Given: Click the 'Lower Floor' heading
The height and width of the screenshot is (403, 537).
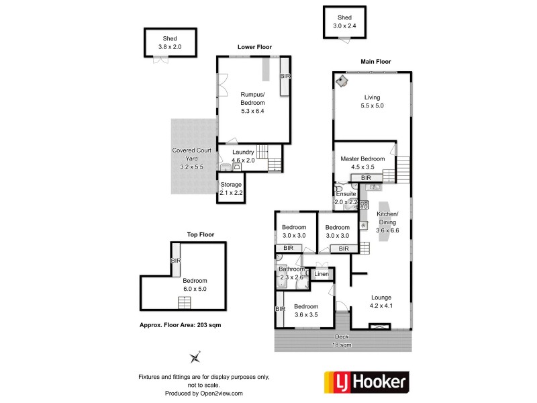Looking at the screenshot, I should pyautogui.click(x=254, y=47).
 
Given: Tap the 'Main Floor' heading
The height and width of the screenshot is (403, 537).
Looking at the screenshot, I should pyautogui.click(x=376, y=62).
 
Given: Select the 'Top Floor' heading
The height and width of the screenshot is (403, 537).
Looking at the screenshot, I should pyautogui.click(x=200, y=235).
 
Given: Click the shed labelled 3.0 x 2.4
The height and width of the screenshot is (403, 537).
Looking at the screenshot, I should pyautogui.click(x=344, y=22).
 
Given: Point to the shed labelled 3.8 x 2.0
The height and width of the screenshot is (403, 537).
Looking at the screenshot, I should pyautogui.click(x=170, y=43).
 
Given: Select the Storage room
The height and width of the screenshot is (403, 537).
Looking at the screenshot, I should pyautogui.click(x=230, y=187).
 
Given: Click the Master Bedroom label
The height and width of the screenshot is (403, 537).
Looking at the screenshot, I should pyautogui.click(x=362, y=159).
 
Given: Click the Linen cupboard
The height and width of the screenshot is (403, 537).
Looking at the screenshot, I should pyautogui.click(x=322, y=274).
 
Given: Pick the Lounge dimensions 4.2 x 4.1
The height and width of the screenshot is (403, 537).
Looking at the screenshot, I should pyautogui.click(x=380, y=306).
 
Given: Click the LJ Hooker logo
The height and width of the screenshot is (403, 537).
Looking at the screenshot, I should pyautogui.click(x=365, y=383).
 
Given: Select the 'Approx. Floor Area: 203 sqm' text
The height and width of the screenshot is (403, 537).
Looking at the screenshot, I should pyautogui.click(x=180, y=324).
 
